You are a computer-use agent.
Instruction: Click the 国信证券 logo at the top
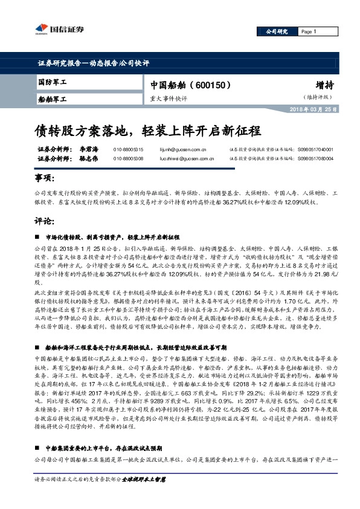pos(57,29)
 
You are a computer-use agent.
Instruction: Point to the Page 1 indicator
pos(309,31)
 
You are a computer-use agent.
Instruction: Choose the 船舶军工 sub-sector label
pos(52,98)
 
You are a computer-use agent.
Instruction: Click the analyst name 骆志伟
pos(89,158)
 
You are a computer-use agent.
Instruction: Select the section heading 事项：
pos(45,179)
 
